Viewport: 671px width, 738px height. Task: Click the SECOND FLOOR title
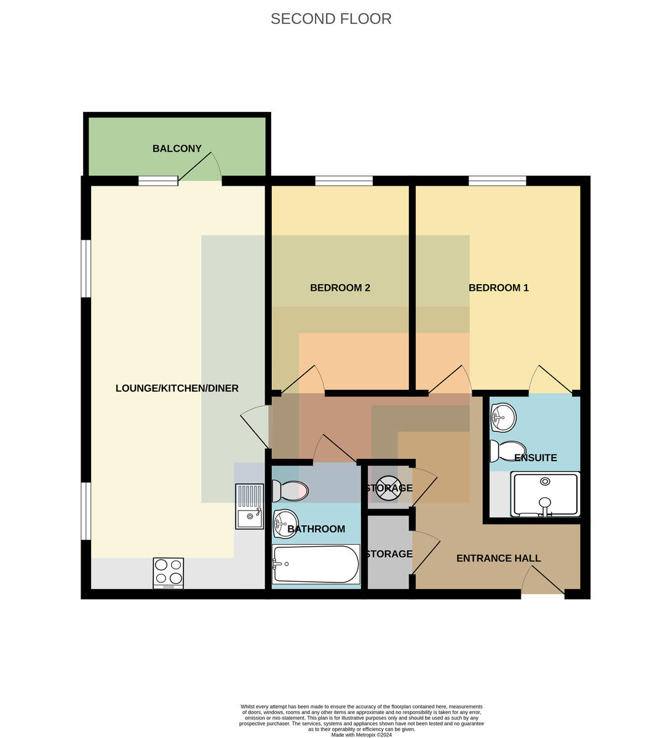click(331, 19)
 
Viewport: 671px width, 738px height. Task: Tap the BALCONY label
click(177, 148)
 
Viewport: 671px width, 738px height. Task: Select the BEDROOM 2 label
click(340, 288)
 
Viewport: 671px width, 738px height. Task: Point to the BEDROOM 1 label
click(499, 288)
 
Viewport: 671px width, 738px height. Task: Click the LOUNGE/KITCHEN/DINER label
click(177, 388)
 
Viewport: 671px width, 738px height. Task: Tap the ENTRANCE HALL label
click(498, 558)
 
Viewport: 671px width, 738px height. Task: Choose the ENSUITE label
click(536, 458)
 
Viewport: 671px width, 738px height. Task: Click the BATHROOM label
click(316, 529)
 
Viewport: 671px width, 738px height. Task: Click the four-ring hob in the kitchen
click(169, 573)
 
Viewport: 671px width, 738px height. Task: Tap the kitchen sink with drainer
click(250, 506)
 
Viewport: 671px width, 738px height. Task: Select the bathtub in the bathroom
click(316, 564)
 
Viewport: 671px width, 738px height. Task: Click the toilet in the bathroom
click(290, 491)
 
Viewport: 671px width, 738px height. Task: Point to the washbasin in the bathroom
click(285, 524)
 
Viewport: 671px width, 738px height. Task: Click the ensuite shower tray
click(545, 494)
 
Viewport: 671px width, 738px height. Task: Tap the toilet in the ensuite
click(508, 451)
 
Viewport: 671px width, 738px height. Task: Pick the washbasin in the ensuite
click(504, 418)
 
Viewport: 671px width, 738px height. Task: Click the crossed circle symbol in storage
click(389, 488)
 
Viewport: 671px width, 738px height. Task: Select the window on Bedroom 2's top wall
click(344, 181)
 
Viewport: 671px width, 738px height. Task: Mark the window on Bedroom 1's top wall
click(498, 181)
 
